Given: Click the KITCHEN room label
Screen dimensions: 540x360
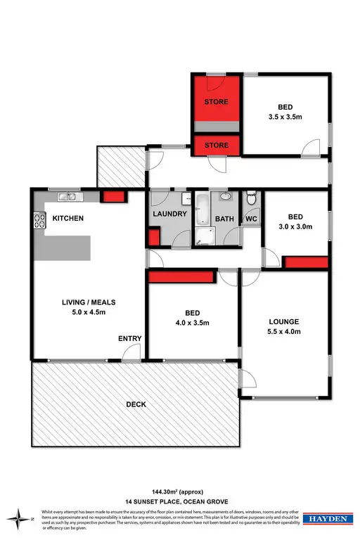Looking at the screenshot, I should pos(68,219).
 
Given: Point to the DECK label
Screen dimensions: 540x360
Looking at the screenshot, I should pos(136,404).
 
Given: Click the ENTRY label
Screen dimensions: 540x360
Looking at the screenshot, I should pos(129,339).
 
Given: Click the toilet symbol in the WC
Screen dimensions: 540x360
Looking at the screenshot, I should pos(252,197).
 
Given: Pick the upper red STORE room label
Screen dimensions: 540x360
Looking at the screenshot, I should pos(217,103).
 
